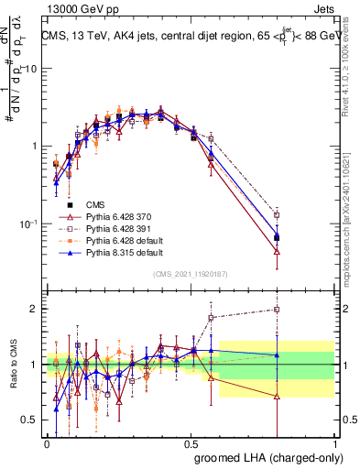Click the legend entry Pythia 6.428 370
tap(116, 216)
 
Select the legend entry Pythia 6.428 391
tap(116, 228)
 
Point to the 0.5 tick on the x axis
tap(191, 442)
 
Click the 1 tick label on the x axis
tap(335, 442)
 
